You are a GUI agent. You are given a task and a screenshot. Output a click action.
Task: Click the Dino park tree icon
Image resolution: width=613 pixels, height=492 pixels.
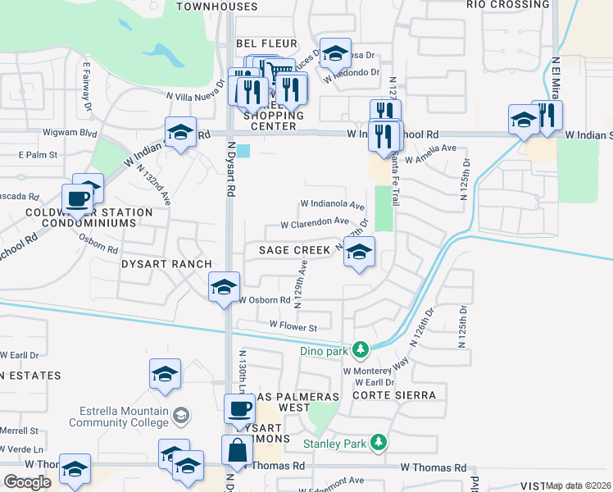point(360,350)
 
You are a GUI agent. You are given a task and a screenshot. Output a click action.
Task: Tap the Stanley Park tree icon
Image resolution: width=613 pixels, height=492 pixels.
point(378,443)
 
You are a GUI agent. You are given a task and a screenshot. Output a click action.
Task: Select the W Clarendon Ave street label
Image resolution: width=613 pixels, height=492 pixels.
point(315,223)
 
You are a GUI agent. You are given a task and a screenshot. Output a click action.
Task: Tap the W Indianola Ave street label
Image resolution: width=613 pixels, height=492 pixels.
point(332,204)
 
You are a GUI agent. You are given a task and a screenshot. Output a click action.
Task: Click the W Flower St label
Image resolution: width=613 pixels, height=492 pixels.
point(293,327)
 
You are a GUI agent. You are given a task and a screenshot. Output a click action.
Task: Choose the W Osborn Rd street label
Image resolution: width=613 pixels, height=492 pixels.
point(265,300)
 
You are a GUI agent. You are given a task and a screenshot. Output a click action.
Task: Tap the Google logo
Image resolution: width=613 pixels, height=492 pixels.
point(27,481)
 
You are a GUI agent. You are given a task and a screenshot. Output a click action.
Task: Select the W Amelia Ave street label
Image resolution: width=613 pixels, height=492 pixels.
point(428,148)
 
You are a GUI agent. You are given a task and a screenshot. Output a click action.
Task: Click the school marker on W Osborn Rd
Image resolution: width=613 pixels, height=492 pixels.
point(224,287)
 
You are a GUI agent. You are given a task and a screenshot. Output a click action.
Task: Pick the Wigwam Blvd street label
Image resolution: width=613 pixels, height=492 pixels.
point(75,133)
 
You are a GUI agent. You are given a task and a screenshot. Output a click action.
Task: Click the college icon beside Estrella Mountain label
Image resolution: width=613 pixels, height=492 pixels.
point(181,417)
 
